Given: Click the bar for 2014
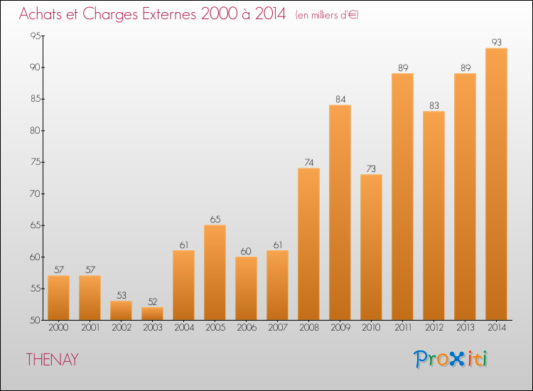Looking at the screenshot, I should [x=496, y=184].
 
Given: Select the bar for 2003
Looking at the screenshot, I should [x=152, y=314].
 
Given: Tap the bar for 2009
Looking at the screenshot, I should [x=340, y=213].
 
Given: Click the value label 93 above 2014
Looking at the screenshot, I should [x=496, y=43].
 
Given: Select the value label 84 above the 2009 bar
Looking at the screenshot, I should [x=340, y=100].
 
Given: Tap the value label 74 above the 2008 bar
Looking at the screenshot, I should [x=308, y=163].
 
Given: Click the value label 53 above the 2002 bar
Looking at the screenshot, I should [x=121, y=295].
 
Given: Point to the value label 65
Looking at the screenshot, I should [x=215, y=220].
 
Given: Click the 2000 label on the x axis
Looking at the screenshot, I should [x=58, y=329].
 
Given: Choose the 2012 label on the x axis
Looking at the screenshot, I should [x=434, y=329].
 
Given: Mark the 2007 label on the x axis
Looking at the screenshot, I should [x=277, y=329].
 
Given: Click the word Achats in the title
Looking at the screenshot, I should [x=43, y=14].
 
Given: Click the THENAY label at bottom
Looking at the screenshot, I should [x=52, y=360].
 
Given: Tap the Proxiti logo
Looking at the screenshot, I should [x=451, y=359].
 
